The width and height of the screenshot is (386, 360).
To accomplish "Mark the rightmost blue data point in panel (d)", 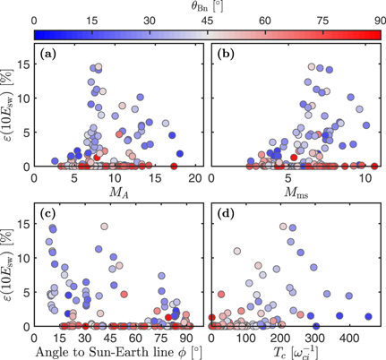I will (x=369, y=316).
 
